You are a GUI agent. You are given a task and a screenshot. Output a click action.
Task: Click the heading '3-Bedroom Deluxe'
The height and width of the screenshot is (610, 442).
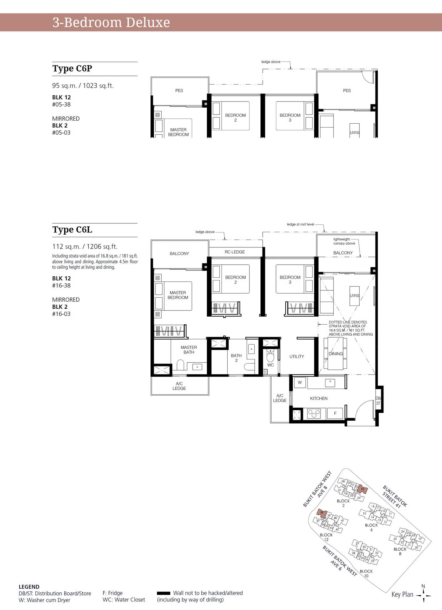click(x=111, y=23)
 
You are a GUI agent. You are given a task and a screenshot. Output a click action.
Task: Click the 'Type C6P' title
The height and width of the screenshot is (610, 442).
click(x=72, y=68)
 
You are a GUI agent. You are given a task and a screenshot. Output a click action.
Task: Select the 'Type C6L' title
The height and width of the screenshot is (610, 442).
click(x=72, y=230)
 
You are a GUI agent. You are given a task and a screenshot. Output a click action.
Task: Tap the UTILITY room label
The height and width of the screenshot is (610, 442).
click(x=297, y=357)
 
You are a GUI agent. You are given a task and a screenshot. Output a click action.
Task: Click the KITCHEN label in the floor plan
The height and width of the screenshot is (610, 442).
click(x=319, y=399)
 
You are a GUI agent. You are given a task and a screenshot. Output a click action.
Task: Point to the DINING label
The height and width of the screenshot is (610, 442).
click(x=336, y=354)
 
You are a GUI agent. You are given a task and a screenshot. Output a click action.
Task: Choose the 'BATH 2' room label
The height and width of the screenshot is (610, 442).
click(x=236, y=358)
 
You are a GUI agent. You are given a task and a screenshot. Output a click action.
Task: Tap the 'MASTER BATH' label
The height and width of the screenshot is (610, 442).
click(x=189, y=350)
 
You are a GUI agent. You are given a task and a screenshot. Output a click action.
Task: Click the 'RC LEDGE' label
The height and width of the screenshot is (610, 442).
click(x=235, y=252)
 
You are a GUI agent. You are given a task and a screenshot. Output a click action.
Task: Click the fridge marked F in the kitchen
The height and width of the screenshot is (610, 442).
click(x=335, y=413)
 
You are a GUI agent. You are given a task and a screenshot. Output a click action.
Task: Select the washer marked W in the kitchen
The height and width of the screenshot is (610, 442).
click(x=300, y=383)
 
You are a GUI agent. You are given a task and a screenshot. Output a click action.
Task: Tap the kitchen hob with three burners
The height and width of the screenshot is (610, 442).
click(x=314, y=413)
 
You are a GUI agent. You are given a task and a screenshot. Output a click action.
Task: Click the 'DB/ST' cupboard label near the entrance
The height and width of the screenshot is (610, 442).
click(x=378, y=401)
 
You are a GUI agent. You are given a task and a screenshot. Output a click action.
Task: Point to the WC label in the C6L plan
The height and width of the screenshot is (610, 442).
click(x=270, y=365)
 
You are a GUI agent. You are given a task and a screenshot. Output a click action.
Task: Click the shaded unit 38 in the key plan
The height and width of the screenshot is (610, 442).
click(x=321, y=513)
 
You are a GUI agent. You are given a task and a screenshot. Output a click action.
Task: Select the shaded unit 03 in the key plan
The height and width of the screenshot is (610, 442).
click(x=362, y=489)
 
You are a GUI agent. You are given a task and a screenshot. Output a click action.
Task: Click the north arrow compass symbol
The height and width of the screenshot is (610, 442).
click(x=423, y=595)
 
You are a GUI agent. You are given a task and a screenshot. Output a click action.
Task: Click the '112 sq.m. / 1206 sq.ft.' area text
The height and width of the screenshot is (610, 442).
click(x=85, y=246)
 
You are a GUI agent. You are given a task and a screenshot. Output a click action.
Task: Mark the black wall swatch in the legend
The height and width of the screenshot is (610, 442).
click(x=164, y=593)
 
